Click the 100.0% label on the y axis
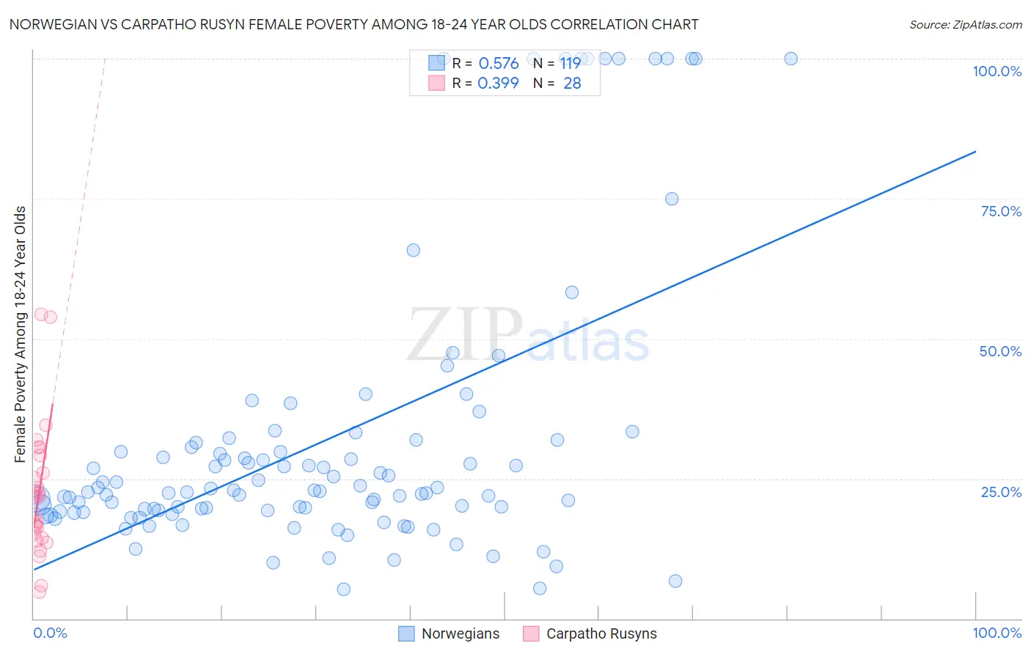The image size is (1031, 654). [x=997, y=71]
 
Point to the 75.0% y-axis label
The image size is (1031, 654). [x=1001, y=211]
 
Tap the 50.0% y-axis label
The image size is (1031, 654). [x=1000, y=351]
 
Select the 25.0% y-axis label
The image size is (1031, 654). [x=1001, y=492]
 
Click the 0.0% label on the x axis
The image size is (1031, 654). [x=50, y=633]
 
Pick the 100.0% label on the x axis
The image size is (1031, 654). [x=997, y=633]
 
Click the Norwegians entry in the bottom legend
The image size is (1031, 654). [x=460, y=633]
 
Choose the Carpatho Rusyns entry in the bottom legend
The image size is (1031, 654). [x=601, y=633]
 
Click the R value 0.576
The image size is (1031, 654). [x=499, y=64]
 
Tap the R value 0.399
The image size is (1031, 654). [x=498, y=84]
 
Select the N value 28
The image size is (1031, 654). [x=572, y=84]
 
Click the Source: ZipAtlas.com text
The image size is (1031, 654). [x=965, y=25]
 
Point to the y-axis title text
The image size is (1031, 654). [x=21, y=334]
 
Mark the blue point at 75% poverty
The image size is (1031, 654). [x=672, y=199]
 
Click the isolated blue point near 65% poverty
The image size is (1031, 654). [x=414, y=250]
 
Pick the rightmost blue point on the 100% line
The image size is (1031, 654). [x=790, y=59]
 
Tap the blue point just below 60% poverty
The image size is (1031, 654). [x=572, y=293]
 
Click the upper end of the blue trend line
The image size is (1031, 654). [x=975, y=152]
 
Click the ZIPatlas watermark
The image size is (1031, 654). [x=528, y=336]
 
